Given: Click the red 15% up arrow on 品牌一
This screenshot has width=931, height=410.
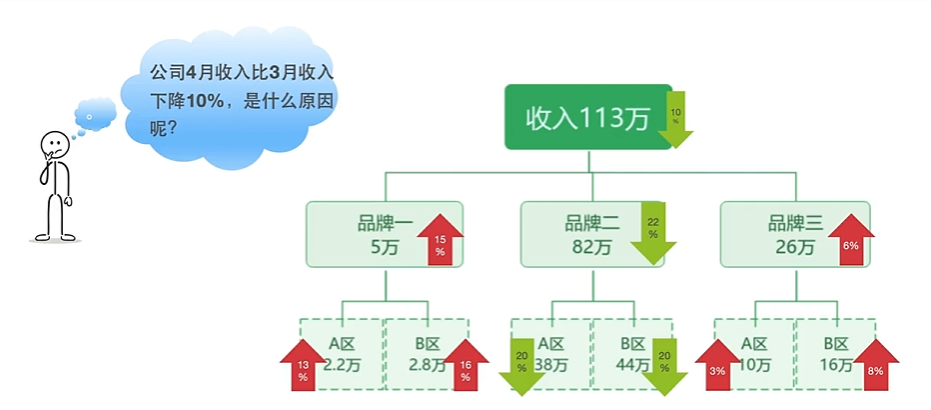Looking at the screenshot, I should coord(440,240).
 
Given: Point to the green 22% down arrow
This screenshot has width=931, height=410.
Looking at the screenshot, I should coord(653,233).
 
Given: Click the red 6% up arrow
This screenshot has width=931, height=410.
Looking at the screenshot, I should coord(851,241).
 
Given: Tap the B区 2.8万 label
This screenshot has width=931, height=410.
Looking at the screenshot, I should coord(429,354).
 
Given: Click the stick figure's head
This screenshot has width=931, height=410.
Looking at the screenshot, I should coord(52,145).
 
